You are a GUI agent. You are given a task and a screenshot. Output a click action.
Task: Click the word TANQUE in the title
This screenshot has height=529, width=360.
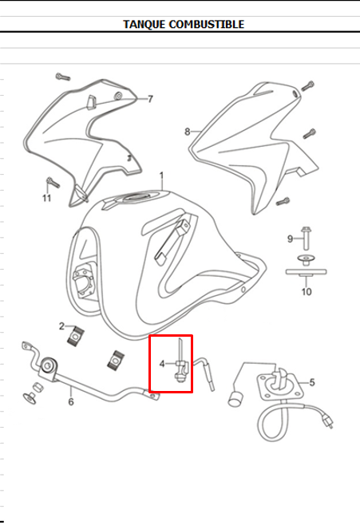(144, 24)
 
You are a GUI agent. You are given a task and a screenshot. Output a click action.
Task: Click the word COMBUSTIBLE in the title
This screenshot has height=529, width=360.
(207, 24)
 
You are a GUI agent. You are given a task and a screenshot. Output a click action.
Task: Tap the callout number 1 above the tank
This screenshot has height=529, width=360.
(161, 176)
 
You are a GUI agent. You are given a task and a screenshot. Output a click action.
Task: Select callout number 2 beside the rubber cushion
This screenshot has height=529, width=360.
(61, 326)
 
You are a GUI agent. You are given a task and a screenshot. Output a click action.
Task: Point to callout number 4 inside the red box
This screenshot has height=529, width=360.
(162, 364)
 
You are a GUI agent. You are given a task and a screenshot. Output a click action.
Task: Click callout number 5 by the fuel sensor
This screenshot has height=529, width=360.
(312, 382)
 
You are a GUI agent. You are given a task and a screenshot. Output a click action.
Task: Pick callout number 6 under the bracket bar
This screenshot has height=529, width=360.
(71, 401)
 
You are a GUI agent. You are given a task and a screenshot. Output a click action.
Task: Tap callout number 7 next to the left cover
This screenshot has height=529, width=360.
(151, 99)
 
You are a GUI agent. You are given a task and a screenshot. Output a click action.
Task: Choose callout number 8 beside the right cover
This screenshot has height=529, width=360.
(188, 132)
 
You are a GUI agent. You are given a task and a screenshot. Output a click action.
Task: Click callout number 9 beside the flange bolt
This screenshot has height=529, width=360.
(290, 239)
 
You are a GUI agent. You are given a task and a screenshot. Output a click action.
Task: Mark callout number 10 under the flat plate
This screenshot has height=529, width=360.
(307, 291)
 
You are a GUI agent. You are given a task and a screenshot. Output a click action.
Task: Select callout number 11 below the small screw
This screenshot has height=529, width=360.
(46, 198)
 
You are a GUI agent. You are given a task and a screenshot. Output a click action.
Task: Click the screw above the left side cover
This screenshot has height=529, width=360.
(63, 77)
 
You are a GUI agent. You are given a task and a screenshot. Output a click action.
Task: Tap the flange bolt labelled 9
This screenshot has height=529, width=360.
(306, 237)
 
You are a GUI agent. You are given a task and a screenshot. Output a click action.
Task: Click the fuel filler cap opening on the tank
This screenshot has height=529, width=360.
(137, 197)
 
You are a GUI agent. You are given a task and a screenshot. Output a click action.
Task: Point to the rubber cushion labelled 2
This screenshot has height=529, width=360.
(76, 336)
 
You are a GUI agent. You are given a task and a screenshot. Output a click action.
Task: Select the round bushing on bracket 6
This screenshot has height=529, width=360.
(48, 365)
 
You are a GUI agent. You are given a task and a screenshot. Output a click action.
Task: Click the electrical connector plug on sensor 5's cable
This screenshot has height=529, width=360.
(327, 422)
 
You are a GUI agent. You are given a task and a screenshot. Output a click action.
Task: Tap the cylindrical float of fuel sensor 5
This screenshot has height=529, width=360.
(235, 399)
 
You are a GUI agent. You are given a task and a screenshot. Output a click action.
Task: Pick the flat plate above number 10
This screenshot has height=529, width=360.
(306, 271)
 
